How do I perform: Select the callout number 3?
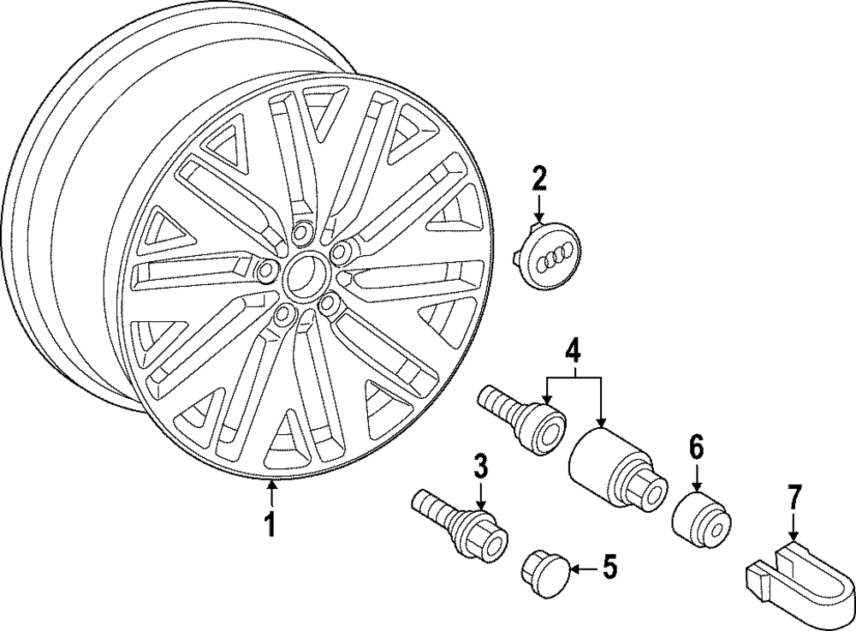[x=480, y=467]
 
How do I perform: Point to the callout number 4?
[x=573, y=350]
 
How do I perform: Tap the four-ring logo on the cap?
[x=557, y=257]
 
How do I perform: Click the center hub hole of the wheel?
[x=300, y=272]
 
